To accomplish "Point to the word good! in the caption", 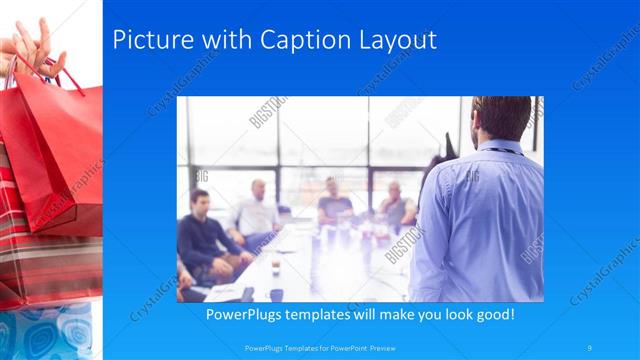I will pos(492,314).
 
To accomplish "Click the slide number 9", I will pos(590,347).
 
